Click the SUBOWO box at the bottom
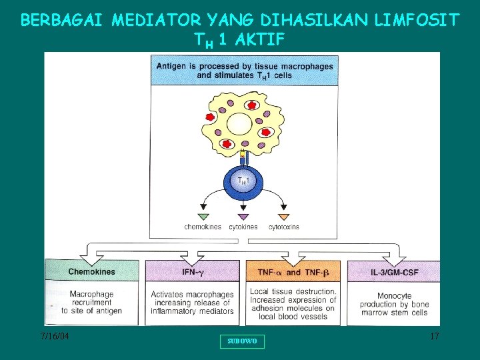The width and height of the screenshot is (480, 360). (242, 341)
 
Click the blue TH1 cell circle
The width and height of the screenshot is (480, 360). (242, 181)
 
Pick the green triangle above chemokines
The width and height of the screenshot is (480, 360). (203, 217)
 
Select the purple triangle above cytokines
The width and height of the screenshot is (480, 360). (243, 217)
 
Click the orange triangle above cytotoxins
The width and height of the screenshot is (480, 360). (283, 217)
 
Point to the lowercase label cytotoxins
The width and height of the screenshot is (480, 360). (283, 227)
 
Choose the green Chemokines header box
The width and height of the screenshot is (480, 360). (92, 271)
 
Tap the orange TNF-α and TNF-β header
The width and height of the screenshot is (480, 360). (293, 272)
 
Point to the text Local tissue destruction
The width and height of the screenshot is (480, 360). (293, 292)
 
